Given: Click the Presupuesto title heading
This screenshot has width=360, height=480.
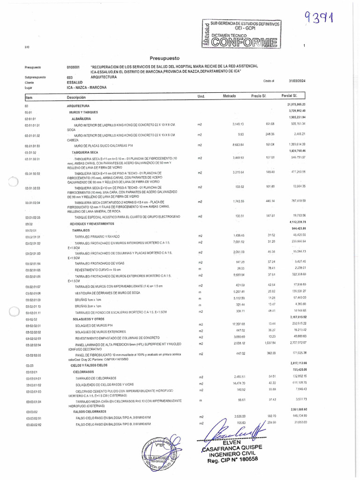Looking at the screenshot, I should [165, 59].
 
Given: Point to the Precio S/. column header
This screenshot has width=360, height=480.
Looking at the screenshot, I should [259, 96].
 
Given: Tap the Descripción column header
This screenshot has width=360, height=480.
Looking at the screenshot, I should [77, 97].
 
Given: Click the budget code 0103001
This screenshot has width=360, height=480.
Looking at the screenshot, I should [73, 67].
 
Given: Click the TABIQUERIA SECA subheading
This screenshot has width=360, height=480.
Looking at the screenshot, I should [85, 153].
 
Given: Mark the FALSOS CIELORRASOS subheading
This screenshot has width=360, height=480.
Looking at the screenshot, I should [91, 411].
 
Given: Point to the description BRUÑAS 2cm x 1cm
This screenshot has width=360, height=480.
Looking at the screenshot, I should [88, 306].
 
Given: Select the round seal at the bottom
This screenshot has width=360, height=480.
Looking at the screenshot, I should [161, 454].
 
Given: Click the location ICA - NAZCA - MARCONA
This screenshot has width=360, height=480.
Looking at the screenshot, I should [87, 87].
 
